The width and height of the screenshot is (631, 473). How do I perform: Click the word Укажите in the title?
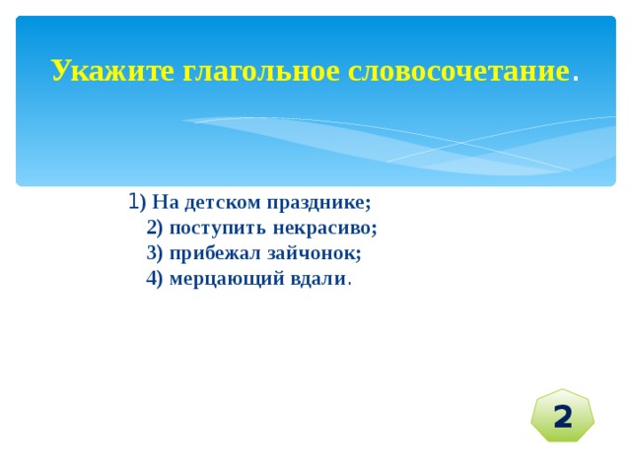(113, 71)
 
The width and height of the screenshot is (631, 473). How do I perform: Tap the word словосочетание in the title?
(458, 71)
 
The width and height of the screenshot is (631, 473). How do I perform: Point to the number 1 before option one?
(134, 201)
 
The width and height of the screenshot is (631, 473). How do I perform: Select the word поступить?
(218, 229)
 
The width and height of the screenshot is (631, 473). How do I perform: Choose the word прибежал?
(215, 254)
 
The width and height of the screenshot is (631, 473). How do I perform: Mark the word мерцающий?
(227, 280)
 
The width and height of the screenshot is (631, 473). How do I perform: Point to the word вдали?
(317, 278)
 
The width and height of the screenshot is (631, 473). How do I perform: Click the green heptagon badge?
(562, 416)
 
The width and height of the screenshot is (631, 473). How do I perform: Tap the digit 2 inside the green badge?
(563, 417)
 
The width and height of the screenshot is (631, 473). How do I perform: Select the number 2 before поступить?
(152, 228)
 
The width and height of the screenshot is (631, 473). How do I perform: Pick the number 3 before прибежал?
(152, 253)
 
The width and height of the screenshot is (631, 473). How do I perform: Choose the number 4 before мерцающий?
(152, 278)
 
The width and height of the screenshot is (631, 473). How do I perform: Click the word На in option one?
(165, 202)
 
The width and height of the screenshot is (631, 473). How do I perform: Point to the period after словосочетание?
(576, 79)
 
